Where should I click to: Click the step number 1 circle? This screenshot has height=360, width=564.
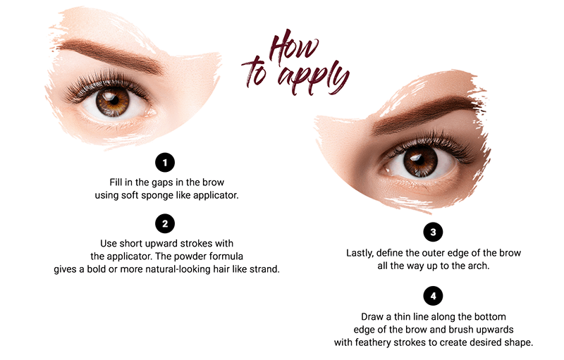point(165,163)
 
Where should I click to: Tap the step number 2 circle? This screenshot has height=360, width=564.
point(165,224)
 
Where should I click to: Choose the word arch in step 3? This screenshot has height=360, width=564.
point(484,268)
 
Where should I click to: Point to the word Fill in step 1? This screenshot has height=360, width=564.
point(118,181)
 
